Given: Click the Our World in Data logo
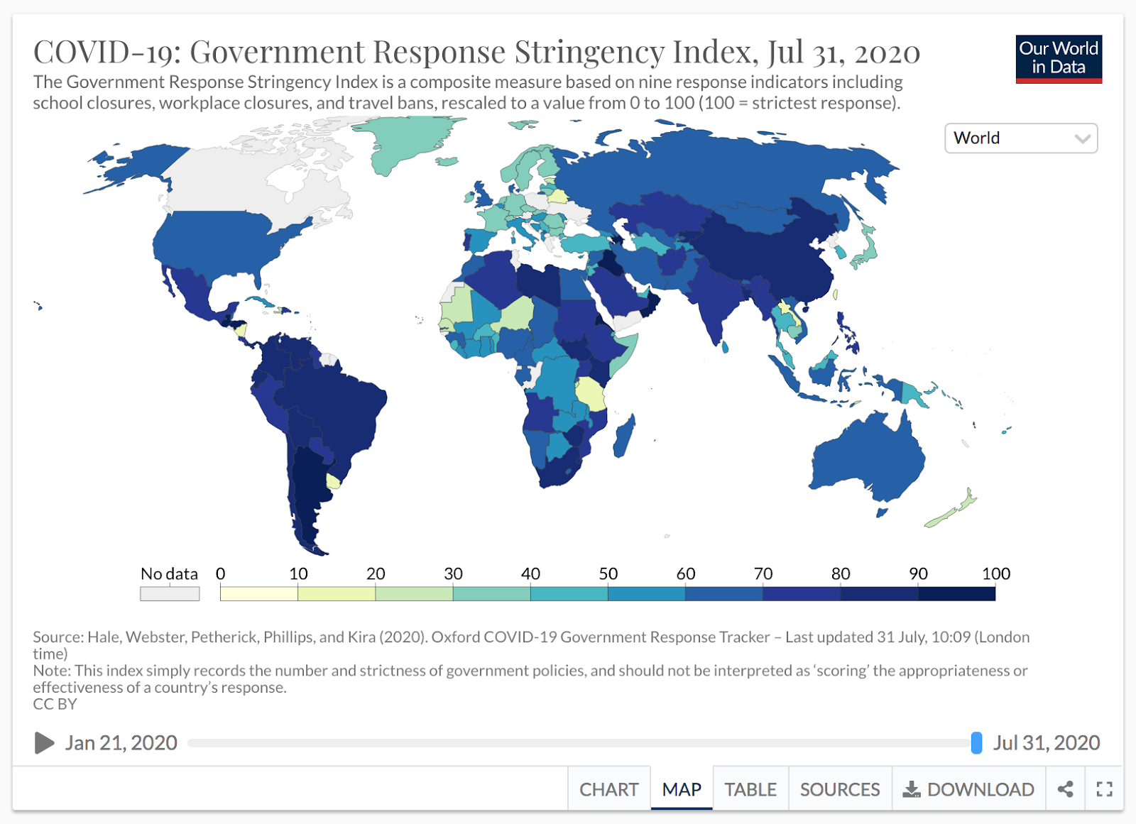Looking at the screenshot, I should pos(1058,59).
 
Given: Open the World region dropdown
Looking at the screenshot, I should pos(1020,138).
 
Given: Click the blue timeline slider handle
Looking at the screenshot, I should pos(976,743).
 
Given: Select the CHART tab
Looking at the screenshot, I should pos(608,789).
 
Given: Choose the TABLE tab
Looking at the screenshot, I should pos(750,789).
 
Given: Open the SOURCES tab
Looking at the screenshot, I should pos(839,789).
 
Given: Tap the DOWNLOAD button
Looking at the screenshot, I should pos(968,789).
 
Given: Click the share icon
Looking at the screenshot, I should pos(1065,789).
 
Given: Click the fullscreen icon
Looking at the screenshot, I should pos(1104,789).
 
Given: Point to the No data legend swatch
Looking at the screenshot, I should pos(170,593).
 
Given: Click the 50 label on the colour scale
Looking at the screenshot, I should pos(608,573).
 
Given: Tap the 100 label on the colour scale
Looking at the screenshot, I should pos(995,573).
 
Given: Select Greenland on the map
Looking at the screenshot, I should pos(405,138).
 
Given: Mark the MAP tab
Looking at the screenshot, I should pos(682,789).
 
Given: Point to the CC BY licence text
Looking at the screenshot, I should pos(55,704).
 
